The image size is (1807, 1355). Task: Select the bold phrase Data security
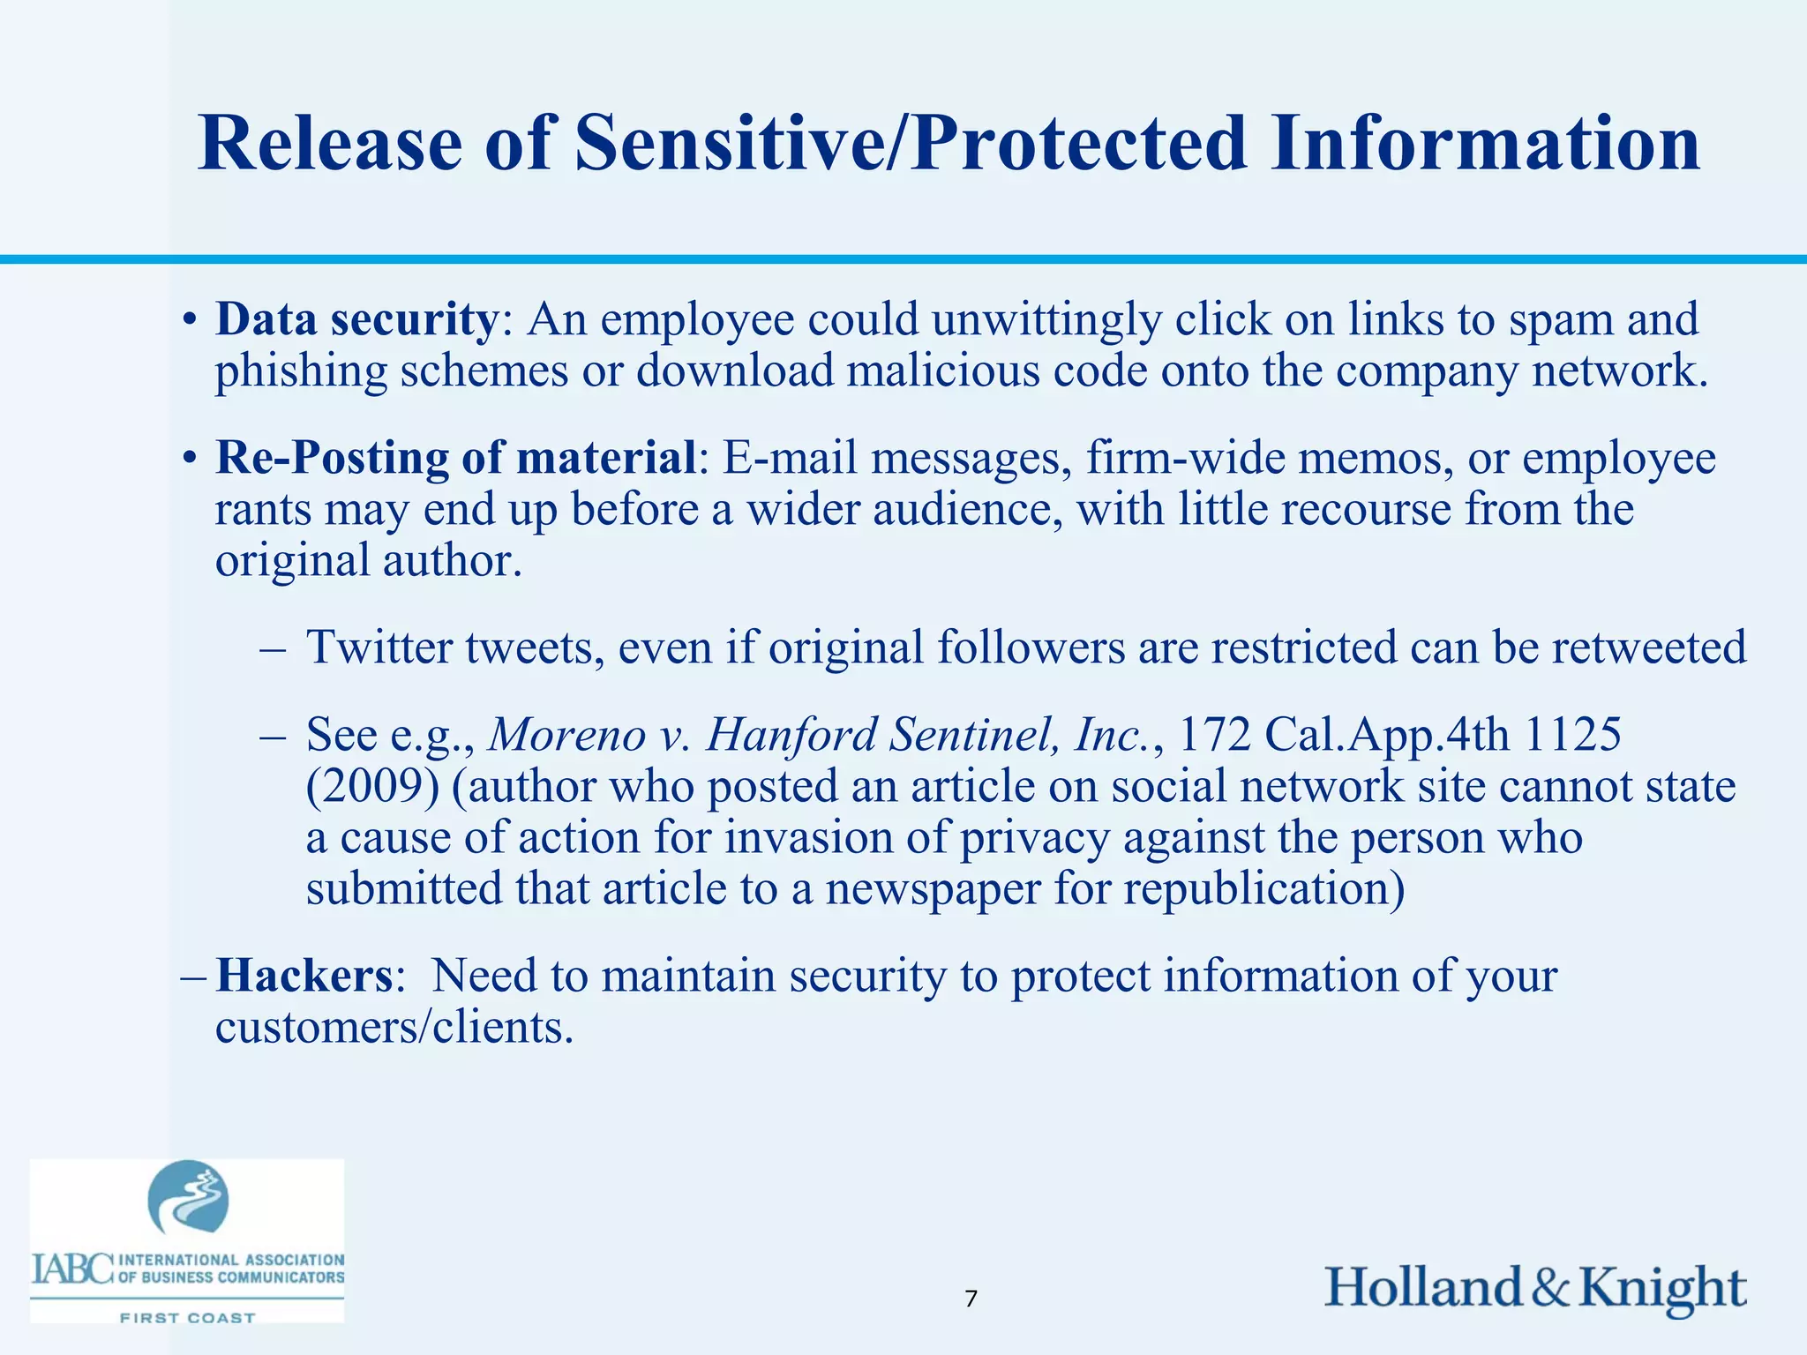[x=356, y=319]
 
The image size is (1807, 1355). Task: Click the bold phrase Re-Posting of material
[x=456, y=458]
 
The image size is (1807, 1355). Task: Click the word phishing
[x=301, y=371]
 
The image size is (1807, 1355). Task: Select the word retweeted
[x=1648, y=647]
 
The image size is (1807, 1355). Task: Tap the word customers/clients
[x=394, y=1027]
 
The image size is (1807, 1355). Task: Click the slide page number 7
[x=971, y=1299]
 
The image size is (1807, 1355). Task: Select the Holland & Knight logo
[x=1535, y=1288]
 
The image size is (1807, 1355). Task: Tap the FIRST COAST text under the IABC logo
[x=187, y=1318]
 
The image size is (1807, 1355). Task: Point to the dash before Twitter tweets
[x=273, y=649]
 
